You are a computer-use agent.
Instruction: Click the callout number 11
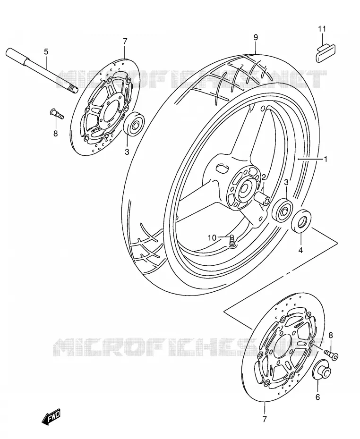pos(322,28)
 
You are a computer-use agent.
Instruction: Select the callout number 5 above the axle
pos(46,51)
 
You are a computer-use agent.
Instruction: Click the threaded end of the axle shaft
pos(73,90)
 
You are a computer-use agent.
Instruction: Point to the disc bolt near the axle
pos(57,113)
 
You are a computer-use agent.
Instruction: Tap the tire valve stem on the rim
pos(232,241)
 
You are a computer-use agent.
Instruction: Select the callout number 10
pos(212,238)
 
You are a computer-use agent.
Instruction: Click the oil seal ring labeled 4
pos(301,221)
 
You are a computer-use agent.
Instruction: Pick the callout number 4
pos(300,250)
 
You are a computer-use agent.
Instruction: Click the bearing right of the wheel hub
pos(283,211)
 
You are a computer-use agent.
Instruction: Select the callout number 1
pos(326,159)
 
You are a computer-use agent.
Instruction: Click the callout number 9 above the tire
pos(256,37)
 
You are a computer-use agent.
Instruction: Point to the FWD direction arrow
pos(51,416)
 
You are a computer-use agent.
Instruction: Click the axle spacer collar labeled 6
pos(322,370)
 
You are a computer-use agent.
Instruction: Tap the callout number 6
pos(317,397)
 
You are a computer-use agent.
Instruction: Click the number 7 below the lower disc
pos(265,419)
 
